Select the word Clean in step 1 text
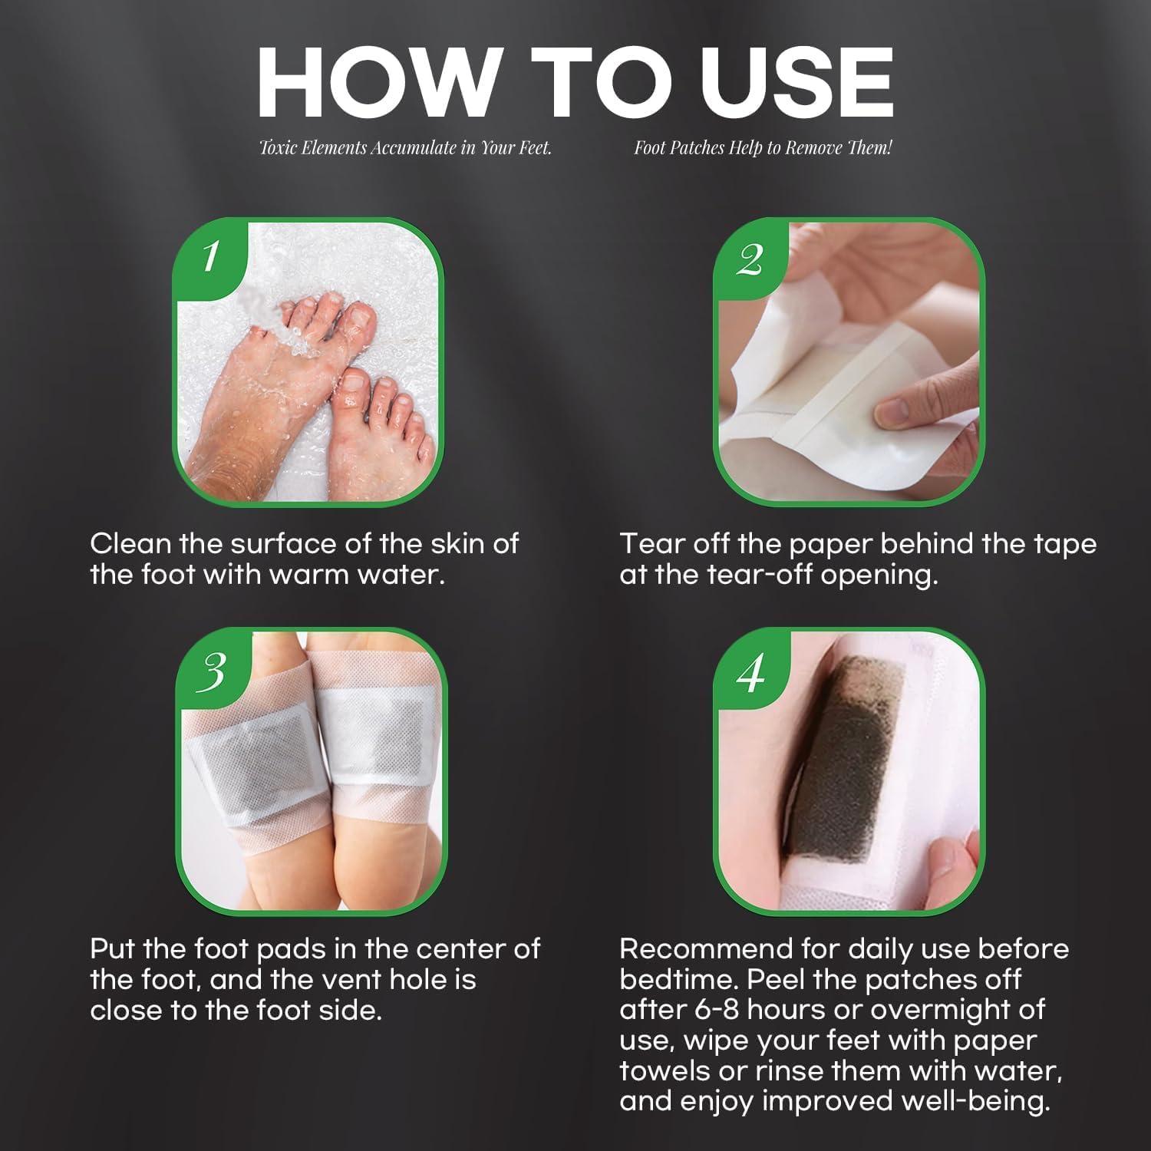click(x=128, y=544)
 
